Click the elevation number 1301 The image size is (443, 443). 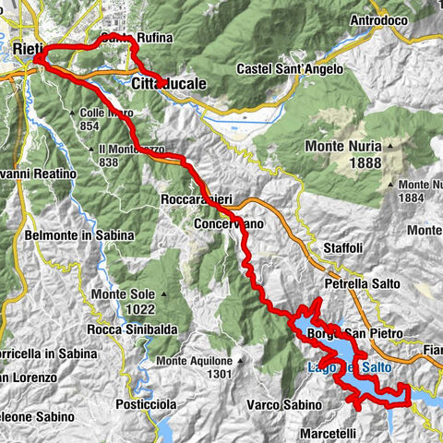pos(219,373)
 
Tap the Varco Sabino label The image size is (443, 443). pos(283,403)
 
